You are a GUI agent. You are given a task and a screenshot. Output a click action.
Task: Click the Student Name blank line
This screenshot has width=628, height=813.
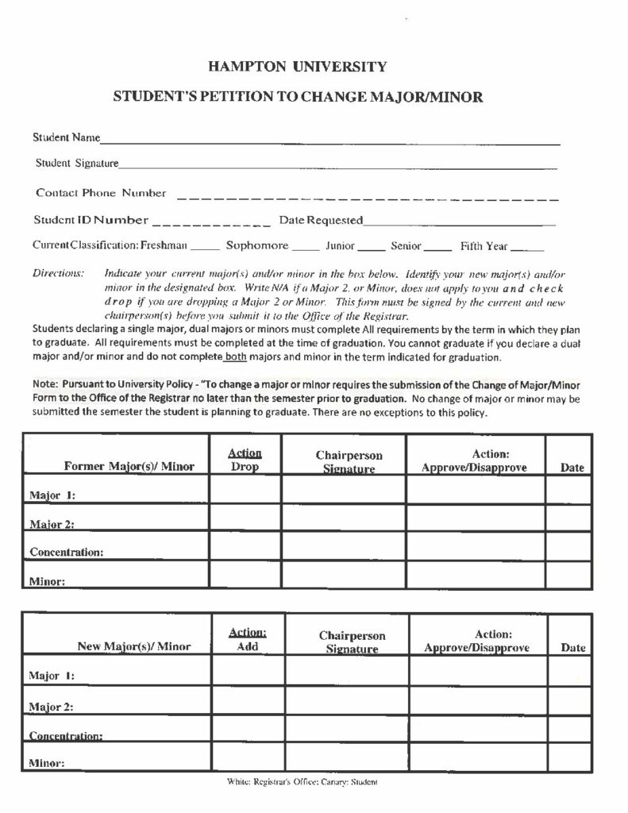[x=329, y=141]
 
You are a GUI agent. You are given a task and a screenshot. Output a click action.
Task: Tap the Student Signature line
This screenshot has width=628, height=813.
[x=337, y=166]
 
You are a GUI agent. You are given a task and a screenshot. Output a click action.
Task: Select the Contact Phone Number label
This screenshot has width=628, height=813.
[x=101, y=193]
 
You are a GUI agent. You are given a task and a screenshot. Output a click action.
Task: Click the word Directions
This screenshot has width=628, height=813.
[x=58, y=273]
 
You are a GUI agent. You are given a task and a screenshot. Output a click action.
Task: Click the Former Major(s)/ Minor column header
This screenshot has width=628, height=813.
[x=129, y=467]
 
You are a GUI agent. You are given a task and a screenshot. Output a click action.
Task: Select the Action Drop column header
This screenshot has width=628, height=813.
[x=245, y=460]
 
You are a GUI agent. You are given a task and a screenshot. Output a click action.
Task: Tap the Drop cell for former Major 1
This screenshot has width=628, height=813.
[x=245, y=490]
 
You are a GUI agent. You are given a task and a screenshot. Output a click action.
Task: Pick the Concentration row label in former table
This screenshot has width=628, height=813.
[x=67, y=551]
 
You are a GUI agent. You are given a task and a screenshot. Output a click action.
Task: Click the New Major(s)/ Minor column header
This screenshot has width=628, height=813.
[x=133, y=646]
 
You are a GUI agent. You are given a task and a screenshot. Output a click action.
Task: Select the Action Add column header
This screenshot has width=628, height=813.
[x=248, y=639]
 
